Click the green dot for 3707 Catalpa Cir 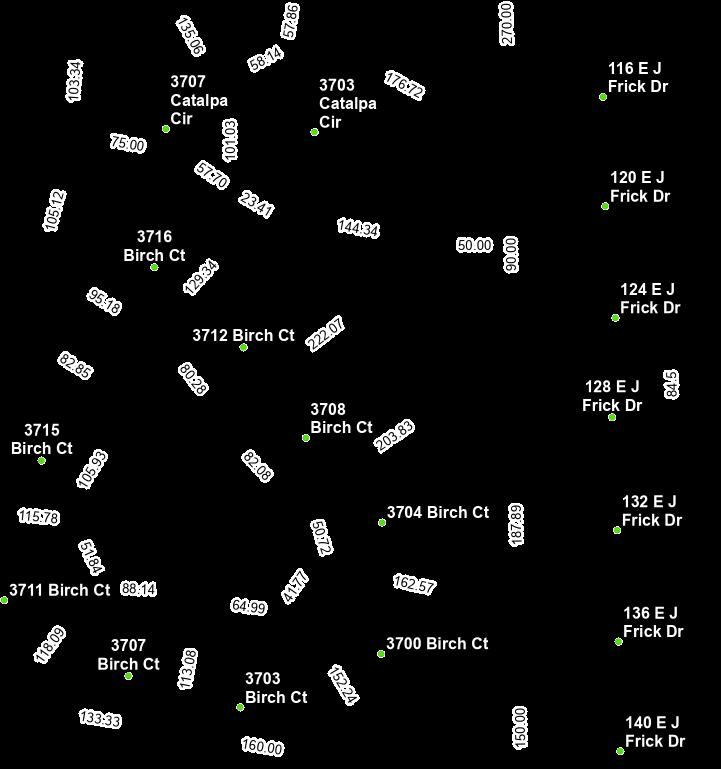coord(166,129)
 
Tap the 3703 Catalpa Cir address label coord(347,104)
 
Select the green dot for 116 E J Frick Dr coord(603,97)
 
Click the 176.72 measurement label coord(404,85)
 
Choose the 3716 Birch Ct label coord(154,246)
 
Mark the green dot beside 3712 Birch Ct coord(243,348)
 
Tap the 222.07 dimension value coord(326,333)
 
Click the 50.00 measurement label coord(474,245)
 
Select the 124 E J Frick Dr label coord(649,299)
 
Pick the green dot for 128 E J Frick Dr coord(612,417)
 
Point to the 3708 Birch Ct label coord(341,419)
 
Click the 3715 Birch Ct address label coord(42,440)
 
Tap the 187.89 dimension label coord(516,525)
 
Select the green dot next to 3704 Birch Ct coord(382,522)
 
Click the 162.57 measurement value coord(414,584)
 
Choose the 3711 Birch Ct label coord(59,591)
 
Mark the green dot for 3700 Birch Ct coord(381,654)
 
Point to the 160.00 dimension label coord(262,747)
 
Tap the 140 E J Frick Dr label coord(654,732)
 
